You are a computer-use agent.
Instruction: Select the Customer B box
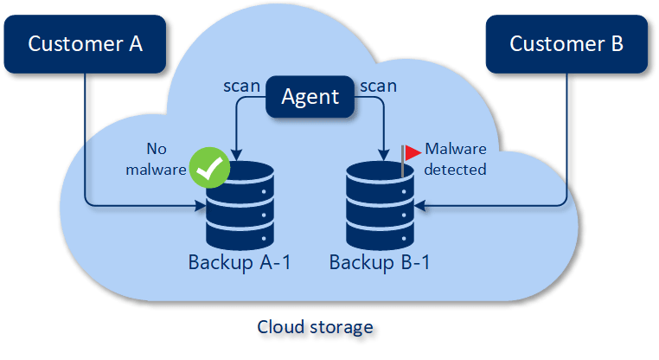(566, 43)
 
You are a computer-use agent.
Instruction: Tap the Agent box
(310, 96)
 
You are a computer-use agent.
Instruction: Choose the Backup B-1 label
(380, 262)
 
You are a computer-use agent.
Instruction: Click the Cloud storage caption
(315, 328)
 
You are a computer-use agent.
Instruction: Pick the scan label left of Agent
(241, 87)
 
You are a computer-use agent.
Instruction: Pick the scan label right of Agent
(377, 87)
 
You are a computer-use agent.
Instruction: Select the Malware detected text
(455, 158)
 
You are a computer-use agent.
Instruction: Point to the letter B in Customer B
(616, 43)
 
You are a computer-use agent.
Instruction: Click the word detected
(455, 170)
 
